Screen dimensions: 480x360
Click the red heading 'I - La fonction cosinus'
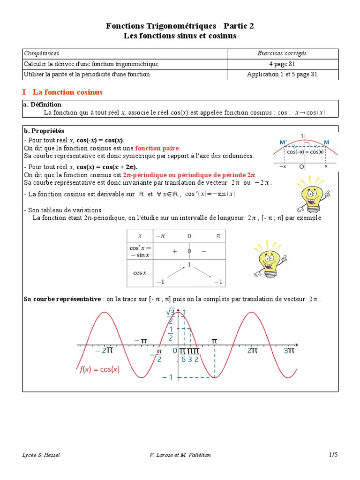pyautogui.click(x=62, y=92)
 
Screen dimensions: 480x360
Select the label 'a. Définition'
pyautogui.click(x=42, y=105)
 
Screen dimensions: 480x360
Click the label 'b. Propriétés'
pyautogui.click(x=44, y=131)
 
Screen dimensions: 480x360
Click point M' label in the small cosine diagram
pyautogui.click(x=284, y=142)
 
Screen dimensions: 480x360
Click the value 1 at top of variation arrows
pyautogui.click(x=189, y=265)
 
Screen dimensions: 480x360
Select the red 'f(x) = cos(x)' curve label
pyautogui.click(x=99, y=369)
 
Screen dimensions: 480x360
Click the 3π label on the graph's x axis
pyautogui.click(x=290, y=350)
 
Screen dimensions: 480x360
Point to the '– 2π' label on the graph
pyautogui.click(x=104, y=350)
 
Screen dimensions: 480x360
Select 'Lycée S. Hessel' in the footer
pyautogui.click(x=41, y=455)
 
